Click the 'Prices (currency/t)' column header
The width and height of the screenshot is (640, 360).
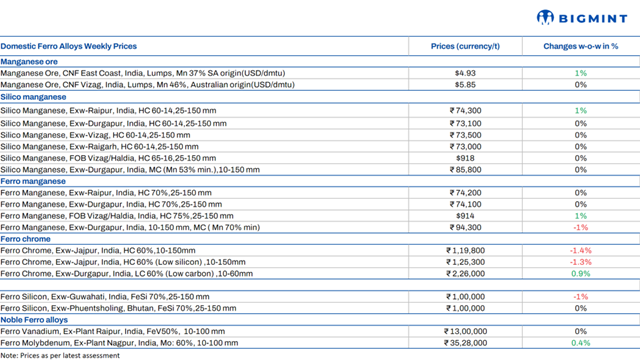(x=465, y=47)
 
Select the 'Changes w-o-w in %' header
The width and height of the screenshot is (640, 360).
(x=580, y=47)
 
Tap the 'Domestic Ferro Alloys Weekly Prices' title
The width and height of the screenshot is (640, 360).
(x=69, y=47)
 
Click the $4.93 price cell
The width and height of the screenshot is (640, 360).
(x=465, y=73)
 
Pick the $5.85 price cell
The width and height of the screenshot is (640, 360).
(x=465, y=85)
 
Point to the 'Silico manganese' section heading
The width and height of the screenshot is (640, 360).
(x=34, y=97)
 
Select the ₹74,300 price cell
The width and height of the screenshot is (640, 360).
(x=465, y=110)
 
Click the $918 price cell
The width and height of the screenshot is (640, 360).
(x=465, y=157)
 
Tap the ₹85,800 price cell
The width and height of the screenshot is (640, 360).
(x=465, y=169)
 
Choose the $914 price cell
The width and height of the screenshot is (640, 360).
(x=465, y=215)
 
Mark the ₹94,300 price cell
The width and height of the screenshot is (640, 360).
(x=465, y=227)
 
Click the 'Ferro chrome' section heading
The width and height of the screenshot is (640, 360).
(x=26, y=239)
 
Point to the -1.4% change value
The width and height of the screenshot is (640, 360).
(x=580, y=250)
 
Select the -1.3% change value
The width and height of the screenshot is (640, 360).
(x=580, y=262)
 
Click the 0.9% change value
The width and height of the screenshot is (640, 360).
(x=580, y=274)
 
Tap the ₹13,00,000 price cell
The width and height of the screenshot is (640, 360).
(x=465, y=331)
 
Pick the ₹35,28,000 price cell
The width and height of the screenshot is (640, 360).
(x=465, y=343)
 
